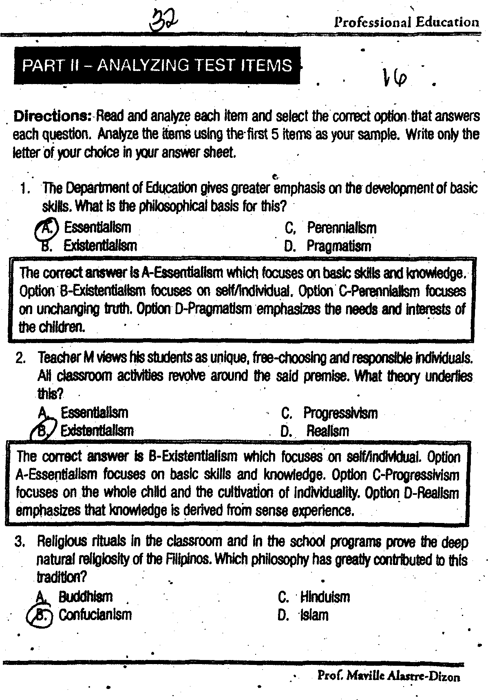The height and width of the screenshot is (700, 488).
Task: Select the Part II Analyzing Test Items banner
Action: (157, 65)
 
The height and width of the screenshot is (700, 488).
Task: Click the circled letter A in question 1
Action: (47, 228)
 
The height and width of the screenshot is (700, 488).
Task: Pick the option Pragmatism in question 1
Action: (339, 246)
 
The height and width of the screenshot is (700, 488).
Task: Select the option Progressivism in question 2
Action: (340, 413)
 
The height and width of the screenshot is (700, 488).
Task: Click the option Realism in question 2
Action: (327, 431)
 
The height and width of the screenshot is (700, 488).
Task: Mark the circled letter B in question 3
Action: (41, 615)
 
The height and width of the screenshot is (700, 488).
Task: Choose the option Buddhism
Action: (85, 597)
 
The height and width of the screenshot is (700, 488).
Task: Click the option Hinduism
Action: (325, 597)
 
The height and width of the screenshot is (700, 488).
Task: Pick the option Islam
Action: (314, 615)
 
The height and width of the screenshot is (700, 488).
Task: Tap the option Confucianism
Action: (95, 614)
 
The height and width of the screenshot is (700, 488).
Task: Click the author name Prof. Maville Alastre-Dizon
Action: (389, 677)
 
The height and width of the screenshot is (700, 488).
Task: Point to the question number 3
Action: (20, 542)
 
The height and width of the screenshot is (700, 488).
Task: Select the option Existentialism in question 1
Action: (100, 246)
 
